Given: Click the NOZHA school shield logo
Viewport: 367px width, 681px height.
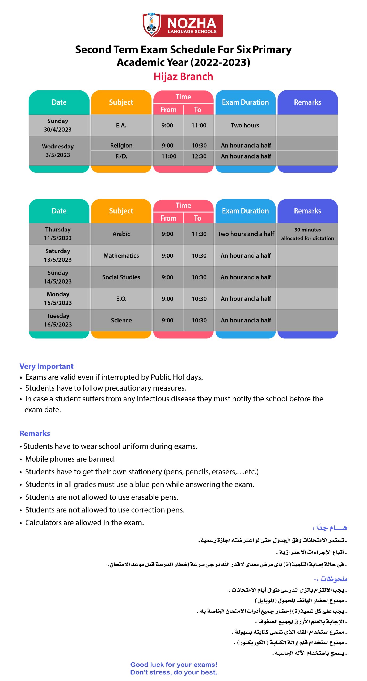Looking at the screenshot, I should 151,25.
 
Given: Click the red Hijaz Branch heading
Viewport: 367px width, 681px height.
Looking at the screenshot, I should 183,77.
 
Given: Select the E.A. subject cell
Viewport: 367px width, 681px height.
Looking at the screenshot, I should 121,125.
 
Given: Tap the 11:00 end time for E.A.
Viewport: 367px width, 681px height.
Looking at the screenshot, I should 199,125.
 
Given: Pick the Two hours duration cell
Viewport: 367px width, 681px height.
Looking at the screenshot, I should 245,125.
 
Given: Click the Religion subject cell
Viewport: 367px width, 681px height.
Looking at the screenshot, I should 121,145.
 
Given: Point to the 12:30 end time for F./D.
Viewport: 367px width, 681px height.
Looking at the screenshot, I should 199,156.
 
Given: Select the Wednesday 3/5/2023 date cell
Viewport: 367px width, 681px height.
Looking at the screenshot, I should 58,151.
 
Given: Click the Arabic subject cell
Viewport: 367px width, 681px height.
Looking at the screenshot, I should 121,234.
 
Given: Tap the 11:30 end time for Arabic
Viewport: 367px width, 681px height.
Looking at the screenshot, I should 199,234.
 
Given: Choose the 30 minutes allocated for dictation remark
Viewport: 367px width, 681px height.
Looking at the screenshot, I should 307,234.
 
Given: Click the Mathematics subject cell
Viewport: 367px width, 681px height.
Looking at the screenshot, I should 121,255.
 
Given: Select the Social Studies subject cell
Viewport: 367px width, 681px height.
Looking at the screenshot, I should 121,277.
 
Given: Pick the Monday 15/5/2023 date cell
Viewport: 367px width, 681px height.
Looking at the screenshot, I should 58,298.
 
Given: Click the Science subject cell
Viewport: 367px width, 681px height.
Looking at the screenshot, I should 121,320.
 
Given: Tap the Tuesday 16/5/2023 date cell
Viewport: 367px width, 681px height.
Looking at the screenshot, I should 58,320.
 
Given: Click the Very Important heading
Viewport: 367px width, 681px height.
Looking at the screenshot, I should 47,366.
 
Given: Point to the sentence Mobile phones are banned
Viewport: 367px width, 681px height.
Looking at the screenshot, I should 70,459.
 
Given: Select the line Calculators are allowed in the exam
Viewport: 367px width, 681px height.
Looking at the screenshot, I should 84,522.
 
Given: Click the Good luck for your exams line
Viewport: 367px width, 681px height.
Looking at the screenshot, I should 174,665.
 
